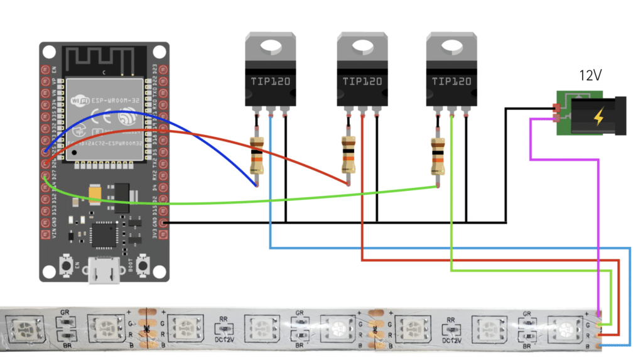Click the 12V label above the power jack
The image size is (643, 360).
click(591, 76)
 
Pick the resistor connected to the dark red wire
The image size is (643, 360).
click(348, 155)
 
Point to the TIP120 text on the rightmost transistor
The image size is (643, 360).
click(450, 81)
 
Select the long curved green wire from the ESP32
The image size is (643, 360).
click(251, 199)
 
